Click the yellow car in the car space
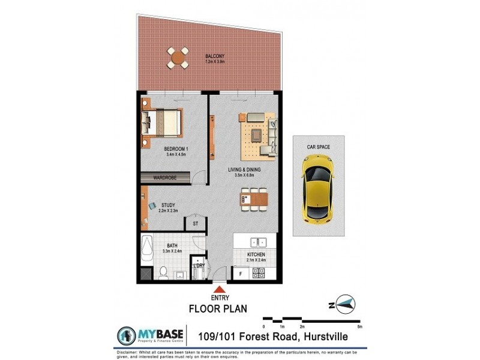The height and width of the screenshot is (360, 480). tap(318, 187)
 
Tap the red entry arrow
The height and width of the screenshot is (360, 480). tap(217, 290)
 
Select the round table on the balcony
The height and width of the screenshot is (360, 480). tap(178, 58)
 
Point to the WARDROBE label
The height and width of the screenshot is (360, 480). tap(164, 178)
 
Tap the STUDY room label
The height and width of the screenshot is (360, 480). tap(168, 205)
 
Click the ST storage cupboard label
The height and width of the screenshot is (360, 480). tap(196, 223)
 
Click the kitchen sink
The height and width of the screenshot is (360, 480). tap(259, 243)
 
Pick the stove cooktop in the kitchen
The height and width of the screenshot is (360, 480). tap(259, 273)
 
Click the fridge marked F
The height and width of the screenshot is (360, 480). tap(241, 274)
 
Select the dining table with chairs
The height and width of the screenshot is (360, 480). tap(254, 199)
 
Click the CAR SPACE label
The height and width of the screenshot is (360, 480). tap(318, 147)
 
